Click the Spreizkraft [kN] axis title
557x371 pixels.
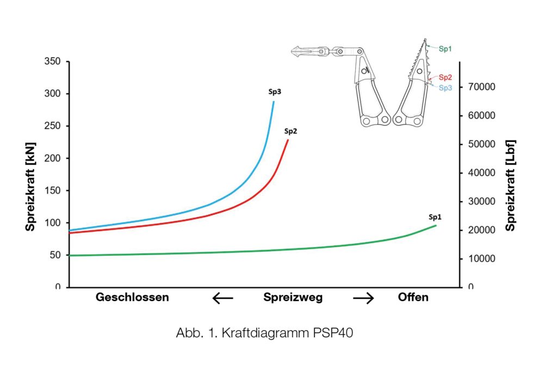(x=31, y=174)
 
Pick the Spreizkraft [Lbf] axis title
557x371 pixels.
(x=510, y=185)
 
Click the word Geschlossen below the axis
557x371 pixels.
(x=132, y=298)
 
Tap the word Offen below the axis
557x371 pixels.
(x=413, y=298)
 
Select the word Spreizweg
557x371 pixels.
(x=293, y=298)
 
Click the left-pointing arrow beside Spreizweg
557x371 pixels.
(x=222, y=298)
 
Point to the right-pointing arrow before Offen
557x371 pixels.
(x=363, y=298)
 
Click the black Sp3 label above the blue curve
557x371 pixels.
(x=274, y=92)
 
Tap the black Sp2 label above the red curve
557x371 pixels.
(x=290, y=131)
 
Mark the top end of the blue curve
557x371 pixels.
(x=274, y=102)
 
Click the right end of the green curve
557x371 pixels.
(x=436, y=225)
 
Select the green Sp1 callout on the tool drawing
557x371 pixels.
(x=445, y=48)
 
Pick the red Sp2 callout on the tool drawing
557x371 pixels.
(x=445, y=77)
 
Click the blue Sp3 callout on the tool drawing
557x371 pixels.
(x=445, y=88)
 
